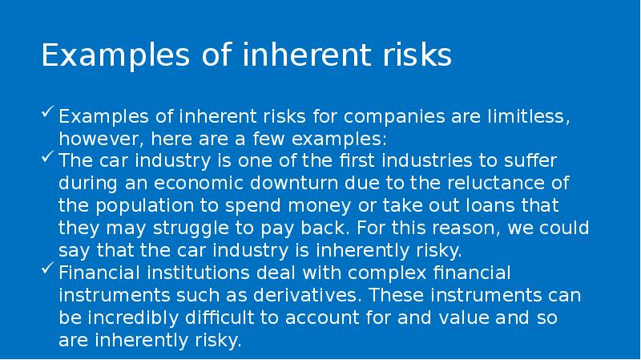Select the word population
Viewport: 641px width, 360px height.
pos(149,204)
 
